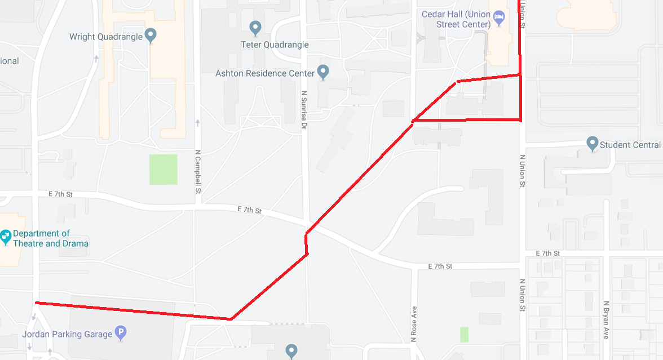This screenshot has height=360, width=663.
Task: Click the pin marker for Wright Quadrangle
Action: coord(151,36)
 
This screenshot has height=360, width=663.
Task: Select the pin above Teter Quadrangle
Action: coord(255,27)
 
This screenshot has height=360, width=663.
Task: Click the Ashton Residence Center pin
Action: coord(323,72)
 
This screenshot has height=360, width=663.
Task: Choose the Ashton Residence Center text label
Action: coord(265,73)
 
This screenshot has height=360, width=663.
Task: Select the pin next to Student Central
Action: coord(592,144)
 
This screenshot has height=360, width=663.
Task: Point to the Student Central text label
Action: coord(630,145)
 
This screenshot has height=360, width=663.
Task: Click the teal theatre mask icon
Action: coord(6,237)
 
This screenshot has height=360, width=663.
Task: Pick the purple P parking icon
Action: coord(121,334)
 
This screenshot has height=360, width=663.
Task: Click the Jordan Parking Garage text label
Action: coord(67,334)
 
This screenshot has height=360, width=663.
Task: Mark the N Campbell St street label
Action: coord(198,171)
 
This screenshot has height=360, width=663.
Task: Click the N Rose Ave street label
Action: coord(414,324)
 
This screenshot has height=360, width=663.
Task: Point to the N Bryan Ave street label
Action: coord(605,319)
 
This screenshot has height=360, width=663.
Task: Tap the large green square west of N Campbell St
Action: coord(163,170)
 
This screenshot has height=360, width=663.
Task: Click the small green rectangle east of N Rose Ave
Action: coord(464,335)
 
